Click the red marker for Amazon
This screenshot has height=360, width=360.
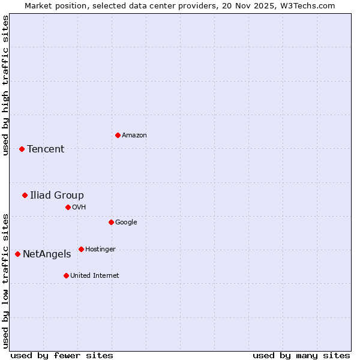pyautogui.click(x=118, y=135)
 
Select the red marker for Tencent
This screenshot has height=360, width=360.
pyautogui.click(x=22, y=149)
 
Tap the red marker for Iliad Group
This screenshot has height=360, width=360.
pyautogui.click(x=25, y=195)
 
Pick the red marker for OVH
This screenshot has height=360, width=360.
pyautogui.click(x=68, y=207)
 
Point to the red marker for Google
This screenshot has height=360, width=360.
pyautogui.click(x=111, y=222)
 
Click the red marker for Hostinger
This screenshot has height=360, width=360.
pyautogui.click(x=81, y=249)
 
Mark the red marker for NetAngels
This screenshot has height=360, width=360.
pyautogui.click(x=17, y=254)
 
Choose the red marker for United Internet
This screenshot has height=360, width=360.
pyautogui.click(x=66, y=275)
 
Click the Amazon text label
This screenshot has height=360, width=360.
pyautogui.click(x=134, y=136)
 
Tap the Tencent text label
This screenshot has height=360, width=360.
pyautogui.click(x=46, y=149)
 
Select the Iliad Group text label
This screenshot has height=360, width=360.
pyautogui.click(x=57, y=196)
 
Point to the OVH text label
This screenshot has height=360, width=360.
pyautogui.click(x=79, y=208)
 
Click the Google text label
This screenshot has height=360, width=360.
pyautogui.click(x=126, y=223)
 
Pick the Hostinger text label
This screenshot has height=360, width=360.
pyautogui.click(x=100, y=250)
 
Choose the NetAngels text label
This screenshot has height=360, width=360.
pyautogui.click(x=47, y=254)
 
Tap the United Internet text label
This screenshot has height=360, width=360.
pyautogui.click(x=95, y=276)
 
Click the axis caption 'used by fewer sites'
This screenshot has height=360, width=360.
pyautogui.click(x=62, y=355)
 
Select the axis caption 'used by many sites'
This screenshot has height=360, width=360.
pyautogui.click(x=301, y=355)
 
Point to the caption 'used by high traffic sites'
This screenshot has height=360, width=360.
pyautogui.click(x=5, y=85)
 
